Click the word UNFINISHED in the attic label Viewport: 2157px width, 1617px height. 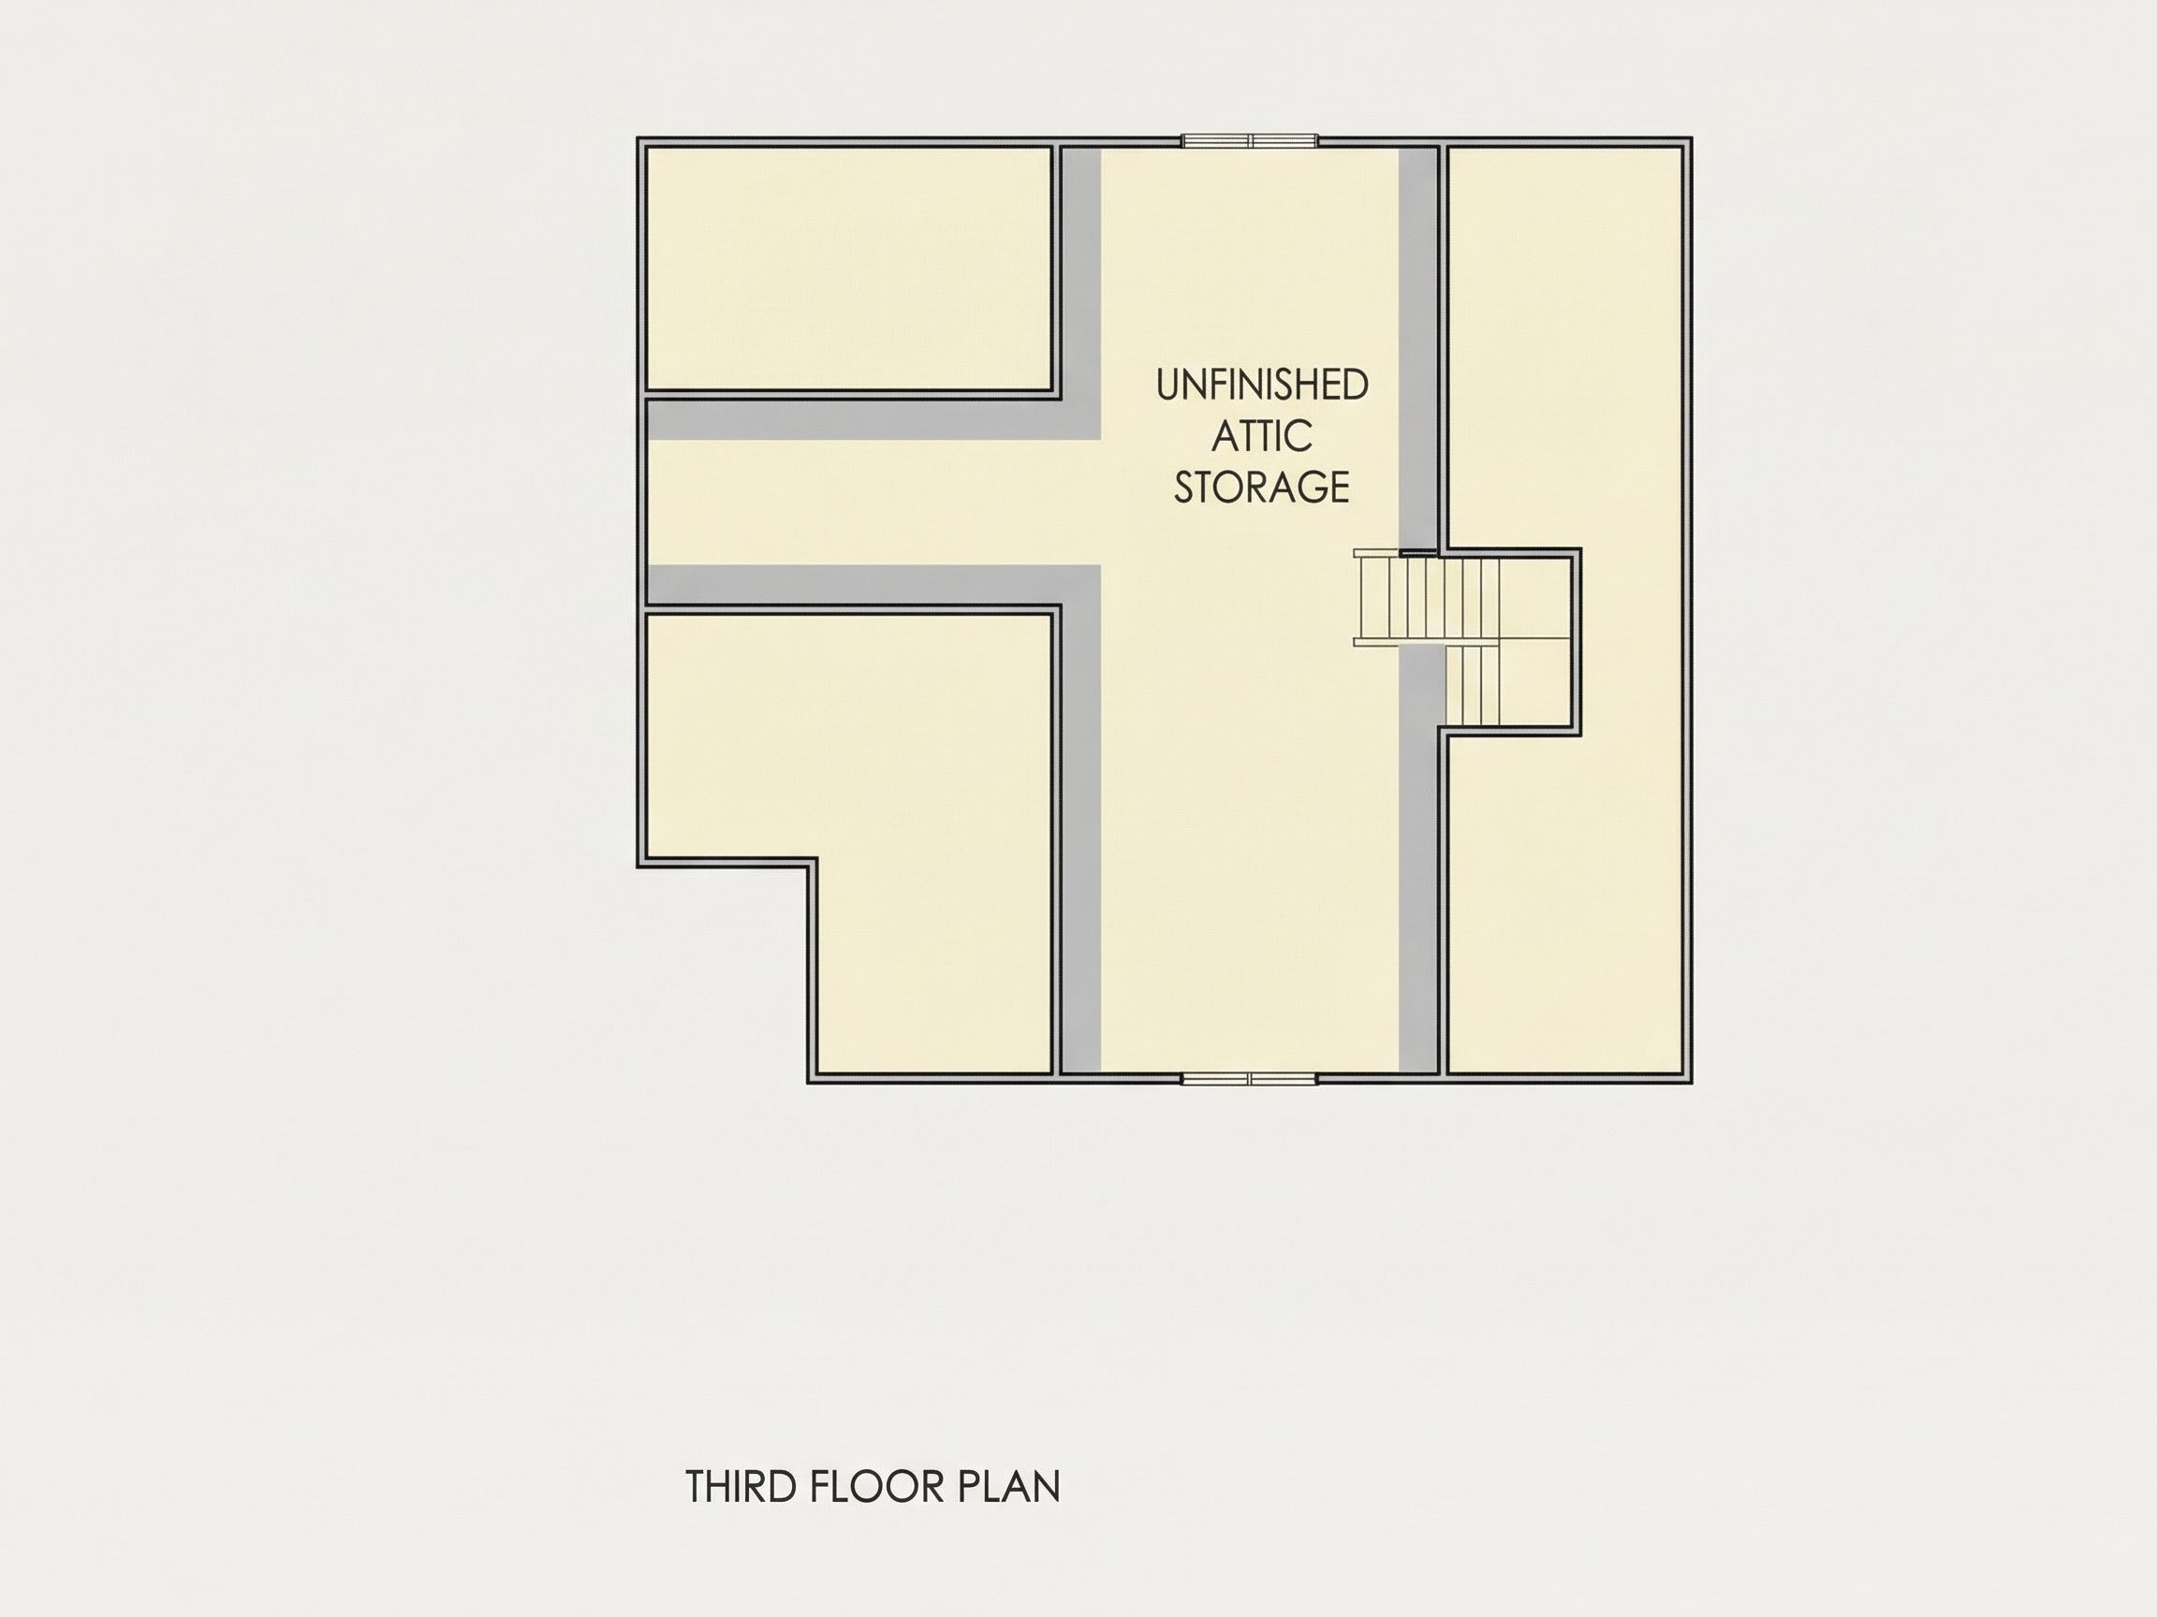click(1262, 385)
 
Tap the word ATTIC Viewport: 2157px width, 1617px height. click(1262, 436)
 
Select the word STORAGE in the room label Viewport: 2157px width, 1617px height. click(1262, 487)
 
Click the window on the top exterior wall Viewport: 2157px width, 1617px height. click(1250, 141)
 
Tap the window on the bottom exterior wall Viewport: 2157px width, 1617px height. click(1250, 1078)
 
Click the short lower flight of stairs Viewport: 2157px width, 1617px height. click(1471, 685)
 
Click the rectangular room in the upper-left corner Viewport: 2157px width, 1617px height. click(848, 269)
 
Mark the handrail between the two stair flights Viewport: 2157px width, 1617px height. click(1425, 642)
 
